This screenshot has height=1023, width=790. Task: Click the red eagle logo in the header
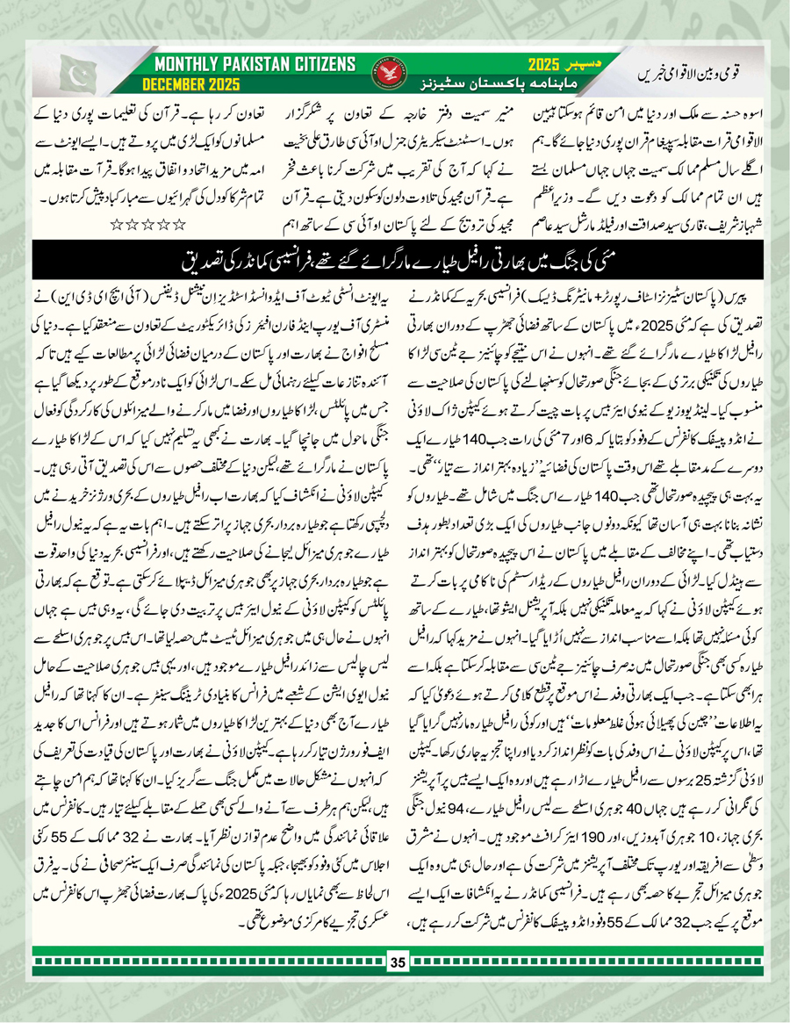pos(406,75)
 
